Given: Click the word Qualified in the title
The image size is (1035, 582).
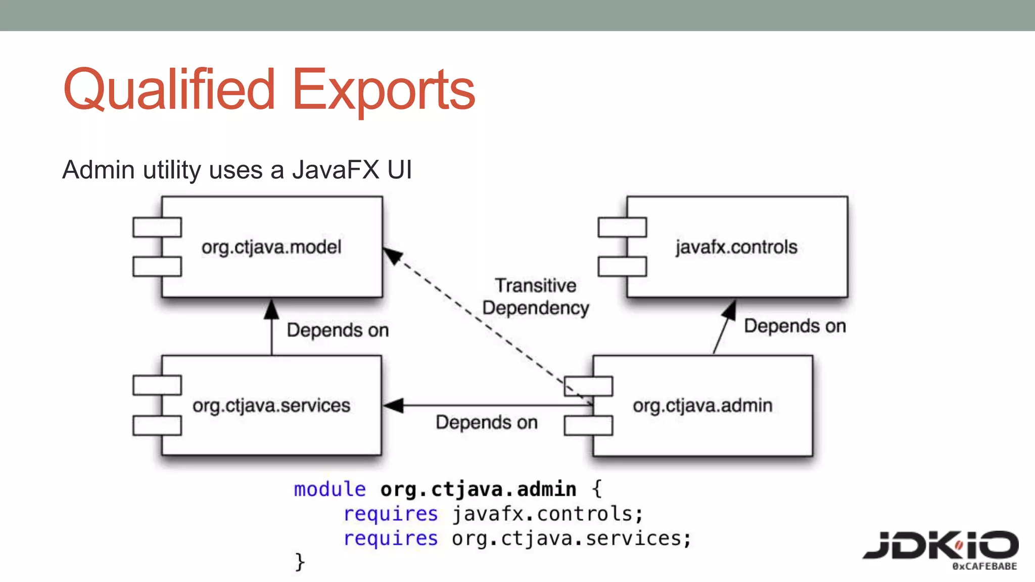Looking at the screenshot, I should [169, 90].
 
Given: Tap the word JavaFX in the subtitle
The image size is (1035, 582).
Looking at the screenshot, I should [335, 170].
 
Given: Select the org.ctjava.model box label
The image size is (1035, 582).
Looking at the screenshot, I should [271, 247].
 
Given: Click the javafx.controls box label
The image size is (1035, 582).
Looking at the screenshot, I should [736, 247].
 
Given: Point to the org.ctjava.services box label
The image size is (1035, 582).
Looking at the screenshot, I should [271, 406].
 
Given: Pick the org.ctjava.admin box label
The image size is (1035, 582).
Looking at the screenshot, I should [702, 406].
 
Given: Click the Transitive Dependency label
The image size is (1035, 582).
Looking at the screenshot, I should [536, 297].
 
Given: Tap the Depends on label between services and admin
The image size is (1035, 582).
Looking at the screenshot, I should [486, 422].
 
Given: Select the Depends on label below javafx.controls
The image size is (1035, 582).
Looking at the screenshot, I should [794, 326].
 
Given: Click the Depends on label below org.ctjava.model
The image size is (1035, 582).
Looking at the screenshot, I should [338, 330].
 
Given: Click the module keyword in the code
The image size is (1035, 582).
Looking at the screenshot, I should [330, 489].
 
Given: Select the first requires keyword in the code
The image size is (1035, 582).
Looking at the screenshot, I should [390, 514].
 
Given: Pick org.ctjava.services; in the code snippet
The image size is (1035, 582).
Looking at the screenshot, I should [571, 539].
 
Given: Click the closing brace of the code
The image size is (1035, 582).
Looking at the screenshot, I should [300, 562].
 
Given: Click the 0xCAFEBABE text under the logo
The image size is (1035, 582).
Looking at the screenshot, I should [984, 566].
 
